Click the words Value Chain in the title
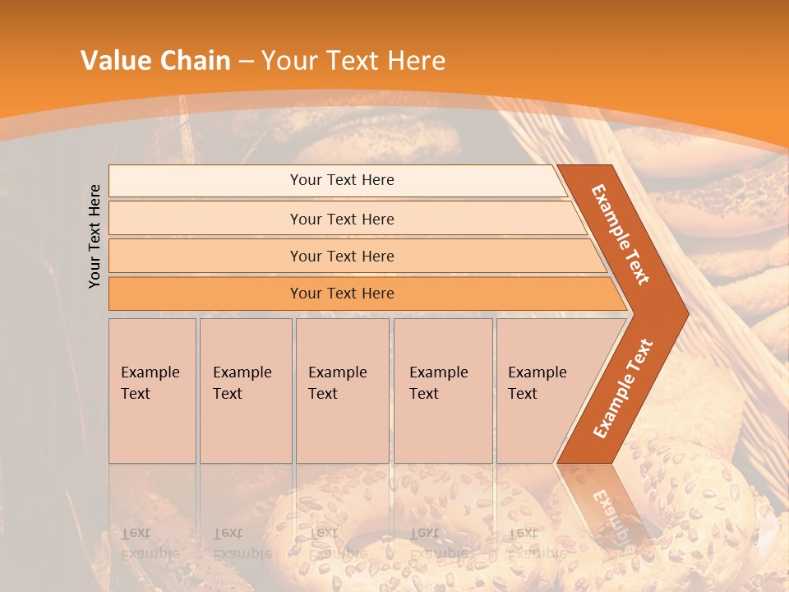(155, 60)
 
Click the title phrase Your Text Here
(353, 60)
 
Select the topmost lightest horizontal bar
(341, 180)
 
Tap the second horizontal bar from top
(341, 219)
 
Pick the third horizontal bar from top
(341, 256)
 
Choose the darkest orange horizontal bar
(341, 294)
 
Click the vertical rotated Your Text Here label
(95, 236)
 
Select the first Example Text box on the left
(152, 390)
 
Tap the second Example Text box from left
(245, 390)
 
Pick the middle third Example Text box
(342, 390)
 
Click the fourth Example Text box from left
(442, 390)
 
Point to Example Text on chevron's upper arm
(621, 234)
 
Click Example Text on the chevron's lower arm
(623, 388)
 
